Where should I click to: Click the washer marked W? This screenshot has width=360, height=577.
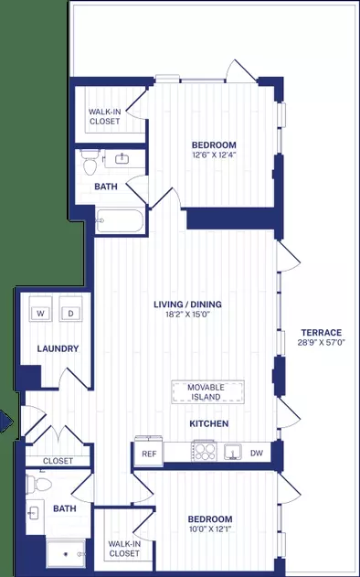pos(40,309)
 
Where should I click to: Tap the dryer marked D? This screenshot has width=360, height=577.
pos(70,309)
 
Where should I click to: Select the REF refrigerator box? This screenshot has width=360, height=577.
pos(149,451)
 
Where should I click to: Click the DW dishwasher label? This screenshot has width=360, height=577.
pos(257,453)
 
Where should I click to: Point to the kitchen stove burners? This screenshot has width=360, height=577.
pos(204,451)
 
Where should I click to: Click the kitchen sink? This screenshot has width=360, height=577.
pos(233,452)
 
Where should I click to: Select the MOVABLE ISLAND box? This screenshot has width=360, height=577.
pos(207,392)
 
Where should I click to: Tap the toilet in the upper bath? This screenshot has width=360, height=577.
pos(90,163)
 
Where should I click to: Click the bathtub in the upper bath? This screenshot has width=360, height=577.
pos(120,220)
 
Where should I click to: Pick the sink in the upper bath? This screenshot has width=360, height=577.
pos(122,158)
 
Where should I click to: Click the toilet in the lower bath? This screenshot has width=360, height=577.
pos(38,483)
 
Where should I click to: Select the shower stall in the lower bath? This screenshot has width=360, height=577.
pos(66,554)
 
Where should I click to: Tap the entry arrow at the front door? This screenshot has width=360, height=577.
pos(6,422)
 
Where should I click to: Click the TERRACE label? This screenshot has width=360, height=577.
pos(322,333)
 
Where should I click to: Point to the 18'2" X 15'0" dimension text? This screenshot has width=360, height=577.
pos(187,315)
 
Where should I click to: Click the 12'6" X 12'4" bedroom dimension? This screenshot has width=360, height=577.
pos(214,155)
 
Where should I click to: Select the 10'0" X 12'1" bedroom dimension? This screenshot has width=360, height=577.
pos(210,529)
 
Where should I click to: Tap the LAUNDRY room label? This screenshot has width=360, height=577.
pos(58,348)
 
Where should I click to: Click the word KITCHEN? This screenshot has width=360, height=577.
pos(209,423)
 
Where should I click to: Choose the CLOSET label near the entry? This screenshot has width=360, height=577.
pos(58,461)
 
